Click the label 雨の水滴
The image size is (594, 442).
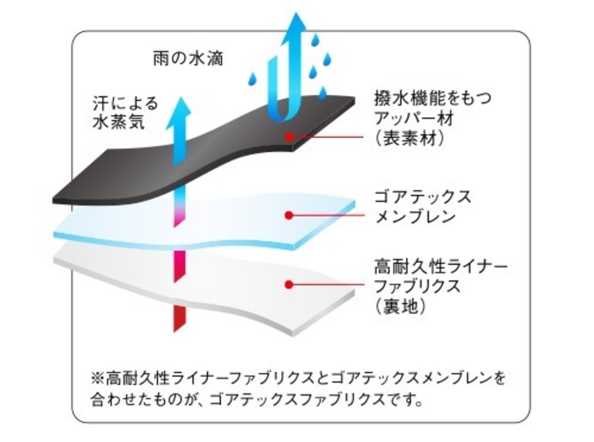(188, 59)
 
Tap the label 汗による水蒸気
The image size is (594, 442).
(125, 112)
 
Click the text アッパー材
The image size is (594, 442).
(413, 118)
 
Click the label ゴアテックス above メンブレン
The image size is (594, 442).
(422, 197)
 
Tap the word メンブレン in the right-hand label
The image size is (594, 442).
(415, 217)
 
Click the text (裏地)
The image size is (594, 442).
(400, 306)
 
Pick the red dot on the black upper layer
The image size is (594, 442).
(289, 137)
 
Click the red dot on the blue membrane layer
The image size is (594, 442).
(289, 215)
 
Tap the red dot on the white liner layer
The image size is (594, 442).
(289, 284)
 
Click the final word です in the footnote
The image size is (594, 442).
(404, 399)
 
